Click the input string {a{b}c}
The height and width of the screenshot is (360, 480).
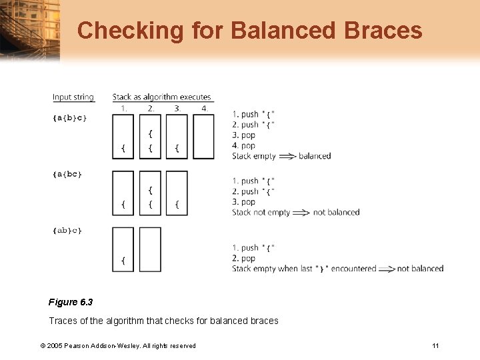coord(70,117)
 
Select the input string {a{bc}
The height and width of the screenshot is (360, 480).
coord(67,174)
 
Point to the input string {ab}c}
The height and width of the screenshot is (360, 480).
coord(67,231)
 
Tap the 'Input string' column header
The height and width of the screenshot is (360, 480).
coord(73,97)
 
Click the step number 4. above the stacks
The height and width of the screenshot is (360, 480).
coord(205,108)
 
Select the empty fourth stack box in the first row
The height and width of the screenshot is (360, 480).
coord(203,137)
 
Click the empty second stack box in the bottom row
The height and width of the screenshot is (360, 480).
coord(150,249)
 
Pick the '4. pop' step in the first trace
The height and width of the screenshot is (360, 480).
coord(244,145)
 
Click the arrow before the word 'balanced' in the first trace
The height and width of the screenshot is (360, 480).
coord(287,156)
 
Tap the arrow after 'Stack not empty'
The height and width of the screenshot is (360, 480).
coord(301,213)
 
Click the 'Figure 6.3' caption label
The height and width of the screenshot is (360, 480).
coord(70,302)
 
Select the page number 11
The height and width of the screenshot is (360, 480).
coord(435,345)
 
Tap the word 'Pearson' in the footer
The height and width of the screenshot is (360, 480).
coord(79,345)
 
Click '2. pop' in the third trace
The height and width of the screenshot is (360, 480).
coord(244,258)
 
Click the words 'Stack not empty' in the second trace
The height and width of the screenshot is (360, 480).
coord(260,213)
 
